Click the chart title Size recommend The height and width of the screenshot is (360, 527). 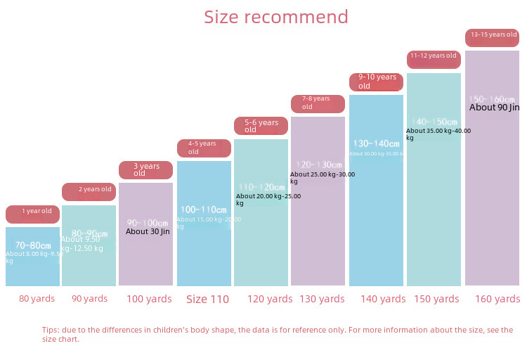pos(275,17)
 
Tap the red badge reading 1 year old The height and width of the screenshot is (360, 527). pos(33,214)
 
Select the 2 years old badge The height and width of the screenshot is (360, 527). pos(89,191)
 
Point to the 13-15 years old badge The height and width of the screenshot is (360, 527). pos(493,37)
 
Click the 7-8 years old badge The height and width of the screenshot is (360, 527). pos(318,103)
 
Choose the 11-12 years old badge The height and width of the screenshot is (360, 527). pos(434,59)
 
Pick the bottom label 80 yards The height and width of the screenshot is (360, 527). pos(37,299)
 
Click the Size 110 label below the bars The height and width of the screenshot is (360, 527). pos(207,300)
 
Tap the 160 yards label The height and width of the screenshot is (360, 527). pos(497,299)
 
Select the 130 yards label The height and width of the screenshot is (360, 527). pos(322,299)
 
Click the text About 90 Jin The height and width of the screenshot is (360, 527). pos(495,108)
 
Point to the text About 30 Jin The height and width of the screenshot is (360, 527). pos(148,231)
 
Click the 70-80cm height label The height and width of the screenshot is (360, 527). pos(33,245)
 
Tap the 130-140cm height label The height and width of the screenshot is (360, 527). pos(376,143)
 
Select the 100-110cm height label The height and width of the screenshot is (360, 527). pos(204,210)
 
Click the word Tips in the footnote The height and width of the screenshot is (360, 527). pos(51,330)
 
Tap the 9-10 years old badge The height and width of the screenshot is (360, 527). pos(377,82)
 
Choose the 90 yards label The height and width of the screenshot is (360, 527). pos(90,299)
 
